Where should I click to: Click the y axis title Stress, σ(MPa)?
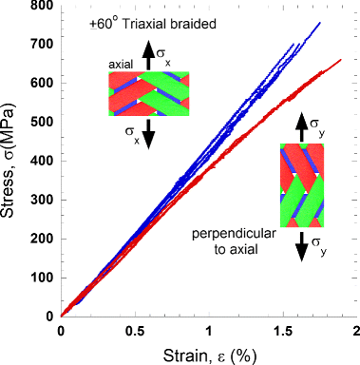(x=12, y=163)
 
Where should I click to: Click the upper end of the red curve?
(x=340, y=60)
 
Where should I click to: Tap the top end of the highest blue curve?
(x=319, y=23)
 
